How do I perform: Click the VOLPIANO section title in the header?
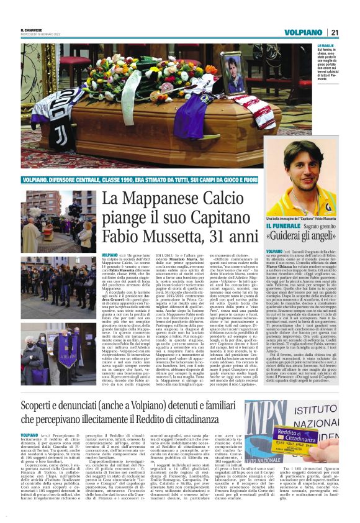point(305,32)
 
